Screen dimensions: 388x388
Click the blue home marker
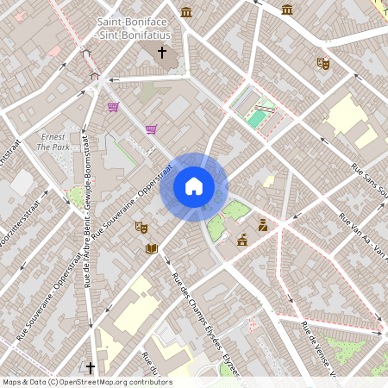(x=194, y=186)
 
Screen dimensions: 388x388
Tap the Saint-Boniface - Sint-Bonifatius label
(x=134, y=27)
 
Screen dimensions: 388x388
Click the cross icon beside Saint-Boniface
(x=161, y=53)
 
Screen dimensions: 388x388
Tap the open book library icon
(x=152, y=249)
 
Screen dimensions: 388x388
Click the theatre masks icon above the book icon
(x=141, y=227)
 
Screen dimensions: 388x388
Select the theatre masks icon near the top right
(x=323, y=63)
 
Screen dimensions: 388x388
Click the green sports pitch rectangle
(x=257, y=116)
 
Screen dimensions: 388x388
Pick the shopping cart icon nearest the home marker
(x=151, y=129)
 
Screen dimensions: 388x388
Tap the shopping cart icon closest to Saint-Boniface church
(x=113, y=107)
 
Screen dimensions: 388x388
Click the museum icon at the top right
(x=287, y=9)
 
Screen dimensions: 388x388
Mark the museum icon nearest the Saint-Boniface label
(x=187, y=11)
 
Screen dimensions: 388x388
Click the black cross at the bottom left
(x=89, y=366)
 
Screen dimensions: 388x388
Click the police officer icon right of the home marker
(x=262, y=225)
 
